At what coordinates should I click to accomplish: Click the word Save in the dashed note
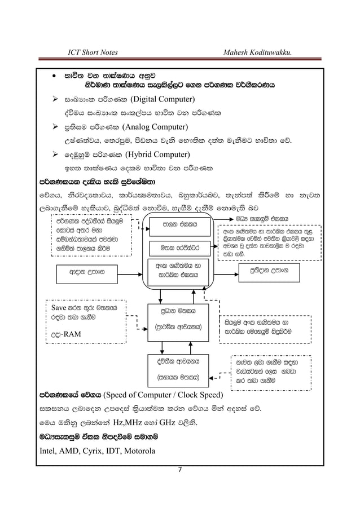59,308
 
